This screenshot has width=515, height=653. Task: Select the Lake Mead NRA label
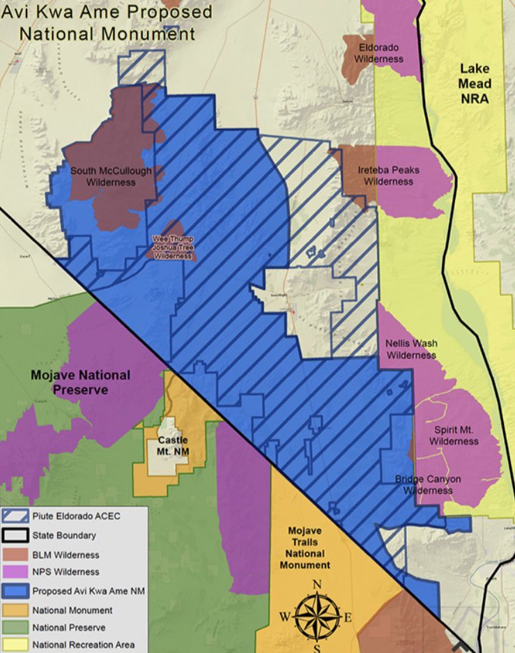(475, 84)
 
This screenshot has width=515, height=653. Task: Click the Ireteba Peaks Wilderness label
(388, 176)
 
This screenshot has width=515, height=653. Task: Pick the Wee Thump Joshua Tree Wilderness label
(172, 247)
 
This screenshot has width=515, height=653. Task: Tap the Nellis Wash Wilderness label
(411, 349)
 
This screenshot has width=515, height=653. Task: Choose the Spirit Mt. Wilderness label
(454, 436)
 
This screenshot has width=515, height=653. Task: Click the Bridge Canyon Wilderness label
(423, 484)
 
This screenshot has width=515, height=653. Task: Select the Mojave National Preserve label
(80, 382)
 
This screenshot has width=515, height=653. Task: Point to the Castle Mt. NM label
(173, 446)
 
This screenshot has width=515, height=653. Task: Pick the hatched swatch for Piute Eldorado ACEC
(16, 517)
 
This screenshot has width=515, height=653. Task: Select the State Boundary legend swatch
(16, 536)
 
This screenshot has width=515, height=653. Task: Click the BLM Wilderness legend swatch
(16, 555)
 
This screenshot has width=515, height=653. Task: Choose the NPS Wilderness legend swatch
(16, 572)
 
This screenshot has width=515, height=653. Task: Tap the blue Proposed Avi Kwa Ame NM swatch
(16, 591)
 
